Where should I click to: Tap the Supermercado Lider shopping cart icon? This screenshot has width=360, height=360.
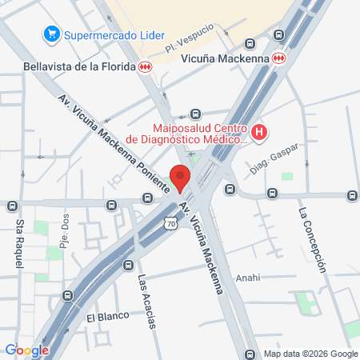52,34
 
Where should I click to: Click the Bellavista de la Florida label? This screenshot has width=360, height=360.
78,66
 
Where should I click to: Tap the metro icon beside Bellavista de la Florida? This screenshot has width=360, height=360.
145,67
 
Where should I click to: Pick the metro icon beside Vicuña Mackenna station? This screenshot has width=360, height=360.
278,58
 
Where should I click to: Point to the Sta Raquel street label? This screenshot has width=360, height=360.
17,245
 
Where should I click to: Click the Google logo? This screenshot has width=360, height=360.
26,350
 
